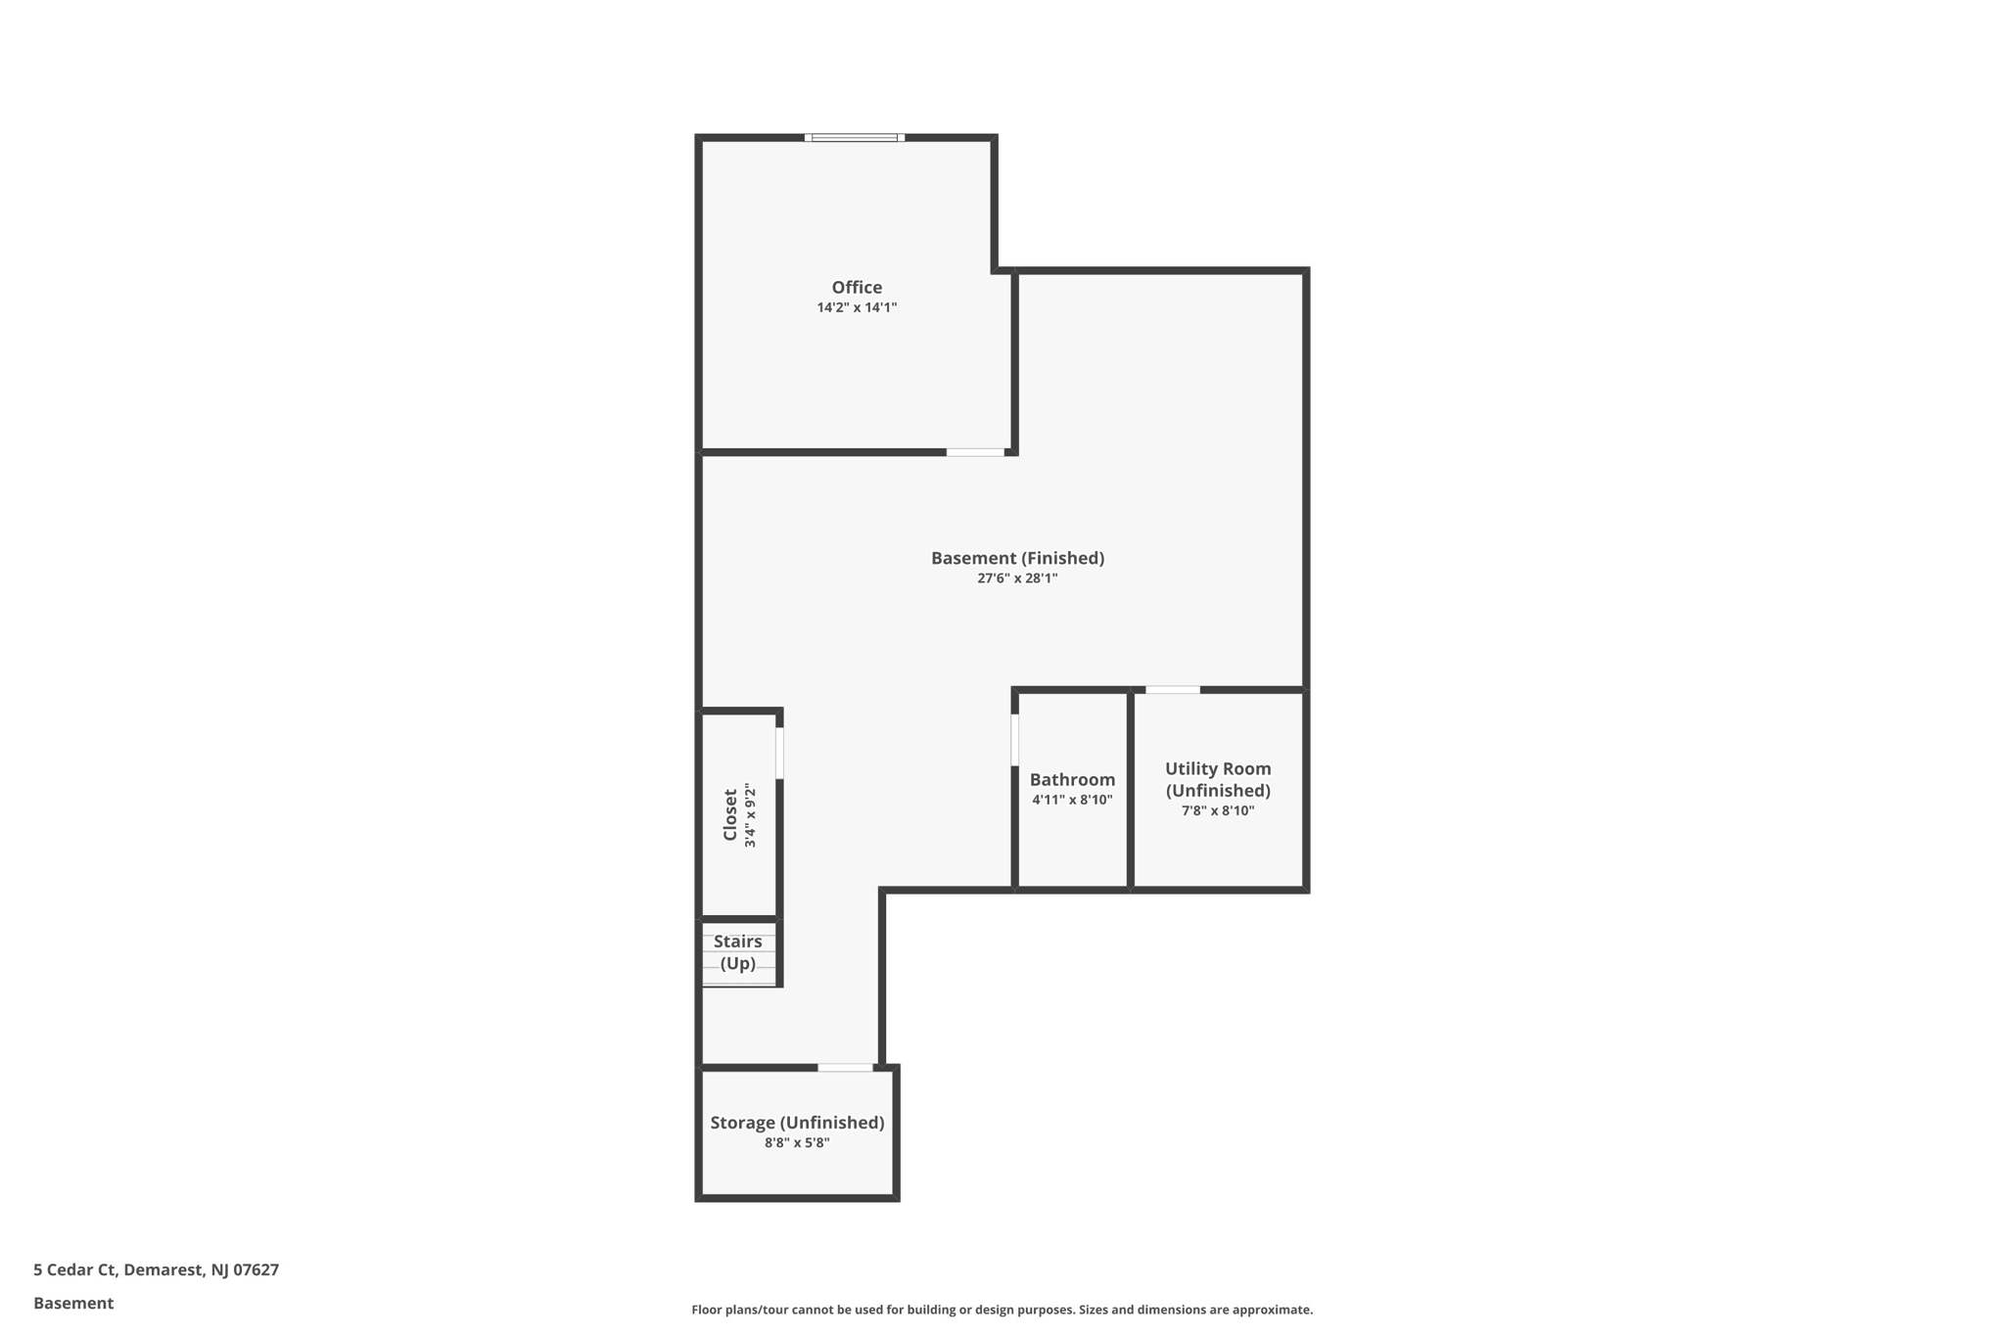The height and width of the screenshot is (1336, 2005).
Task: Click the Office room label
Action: (x=857, y=287)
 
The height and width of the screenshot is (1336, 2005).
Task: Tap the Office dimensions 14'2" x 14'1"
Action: (x=857, y=307)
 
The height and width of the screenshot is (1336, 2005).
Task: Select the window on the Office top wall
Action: (x=855, y=138)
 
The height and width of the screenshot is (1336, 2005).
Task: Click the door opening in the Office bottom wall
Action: (x=975, y=452)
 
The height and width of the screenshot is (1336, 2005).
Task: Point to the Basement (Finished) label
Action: (x=1017, y=558)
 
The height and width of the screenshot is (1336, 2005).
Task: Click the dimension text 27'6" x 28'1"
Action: (x=1017, y=578)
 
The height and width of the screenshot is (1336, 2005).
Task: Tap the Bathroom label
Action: (x=1072, y=779)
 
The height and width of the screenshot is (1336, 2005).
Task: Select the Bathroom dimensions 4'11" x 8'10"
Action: (x=1072, y=800)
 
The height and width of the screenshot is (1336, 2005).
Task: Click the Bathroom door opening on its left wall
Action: (x=1014, y=740)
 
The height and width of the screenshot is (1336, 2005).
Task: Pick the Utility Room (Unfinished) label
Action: (x=1218, y=779)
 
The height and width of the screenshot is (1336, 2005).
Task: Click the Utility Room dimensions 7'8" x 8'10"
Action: (x=1218, y=810)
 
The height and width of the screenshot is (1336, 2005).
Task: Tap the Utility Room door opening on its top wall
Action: (x=1173, y=690)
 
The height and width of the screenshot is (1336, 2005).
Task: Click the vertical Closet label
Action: (x=730, y=814)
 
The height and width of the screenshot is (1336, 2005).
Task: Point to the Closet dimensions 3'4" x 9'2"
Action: (x=750, y=814)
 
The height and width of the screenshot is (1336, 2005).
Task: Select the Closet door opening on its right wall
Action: (x=779, y=753)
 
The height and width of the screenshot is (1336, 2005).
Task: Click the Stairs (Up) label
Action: (x=737, y=952)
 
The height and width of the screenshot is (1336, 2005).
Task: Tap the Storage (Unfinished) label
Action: (x=797, y=1123)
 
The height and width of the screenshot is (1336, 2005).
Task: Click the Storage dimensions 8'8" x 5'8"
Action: (x=797, y=1142)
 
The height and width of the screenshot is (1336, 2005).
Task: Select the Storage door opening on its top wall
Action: (x=845, y=1067)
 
